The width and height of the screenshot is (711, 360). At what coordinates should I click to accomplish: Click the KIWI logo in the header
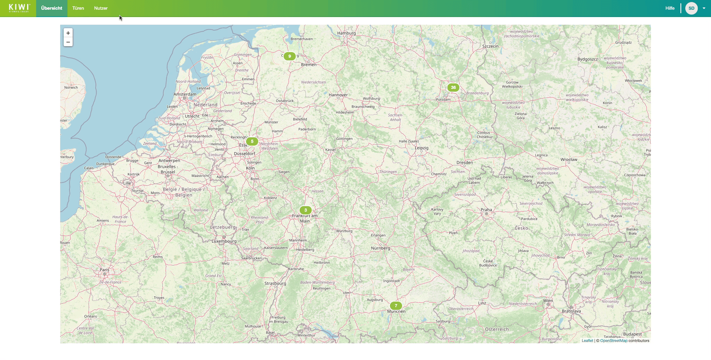tap(19, 8)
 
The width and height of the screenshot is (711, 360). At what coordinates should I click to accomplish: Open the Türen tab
tap(78, 8)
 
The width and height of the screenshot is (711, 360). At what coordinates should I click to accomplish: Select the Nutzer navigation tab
tap(101, 8)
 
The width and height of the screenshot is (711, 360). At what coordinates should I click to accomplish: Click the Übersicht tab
tap(51, 8)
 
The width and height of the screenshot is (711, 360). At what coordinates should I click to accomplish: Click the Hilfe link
tap(670, 8)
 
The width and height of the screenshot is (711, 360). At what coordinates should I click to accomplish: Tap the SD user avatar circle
tap(691, 8)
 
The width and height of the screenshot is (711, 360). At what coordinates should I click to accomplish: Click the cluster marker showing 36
tap(453, 88)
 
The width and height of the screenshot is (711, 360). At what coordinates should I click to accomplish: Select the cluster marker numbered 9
tap(289, 56)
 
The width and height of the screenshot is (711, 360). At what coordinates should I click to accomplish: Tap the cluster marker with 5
tap(252, 141)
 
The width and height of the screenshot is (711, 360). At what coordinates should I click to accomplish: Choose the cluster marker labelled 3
tap(305, 210)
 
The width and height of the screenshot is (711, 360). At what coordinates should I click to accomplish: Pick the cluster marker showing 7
tap(396, 306)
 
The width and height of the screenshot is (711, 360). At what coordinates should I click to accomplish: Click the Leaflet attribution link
tap(587, 341)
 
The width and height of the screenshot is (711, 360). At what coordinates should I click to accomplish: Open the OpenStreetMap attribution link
tap(614, 341)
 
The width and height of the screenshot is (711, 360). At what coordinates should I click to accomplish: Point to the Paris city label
tap(104, 270)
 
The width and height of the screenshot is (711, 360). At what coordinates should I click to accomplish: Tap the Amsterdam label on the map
tap(185, 94)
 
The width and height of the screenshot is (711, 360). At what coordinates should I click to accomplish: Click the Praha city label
tap(486, 210)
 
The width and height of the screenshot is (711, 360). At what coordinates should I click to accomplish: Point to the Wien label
tap(548, 301)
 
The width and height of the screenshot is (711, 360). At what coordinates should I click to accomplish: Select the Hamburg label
tap(346, 33)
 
